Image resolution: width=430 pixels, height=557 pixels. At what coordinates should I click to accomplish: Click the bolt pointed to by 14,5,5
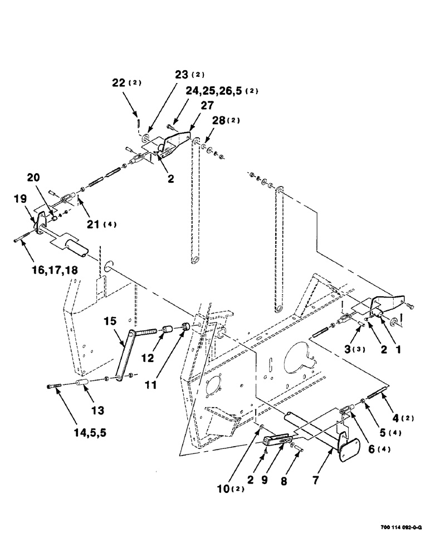pos(56,387)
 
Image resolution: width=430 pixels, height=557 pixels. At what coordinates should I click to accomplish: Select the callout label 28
pos(219,121)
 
